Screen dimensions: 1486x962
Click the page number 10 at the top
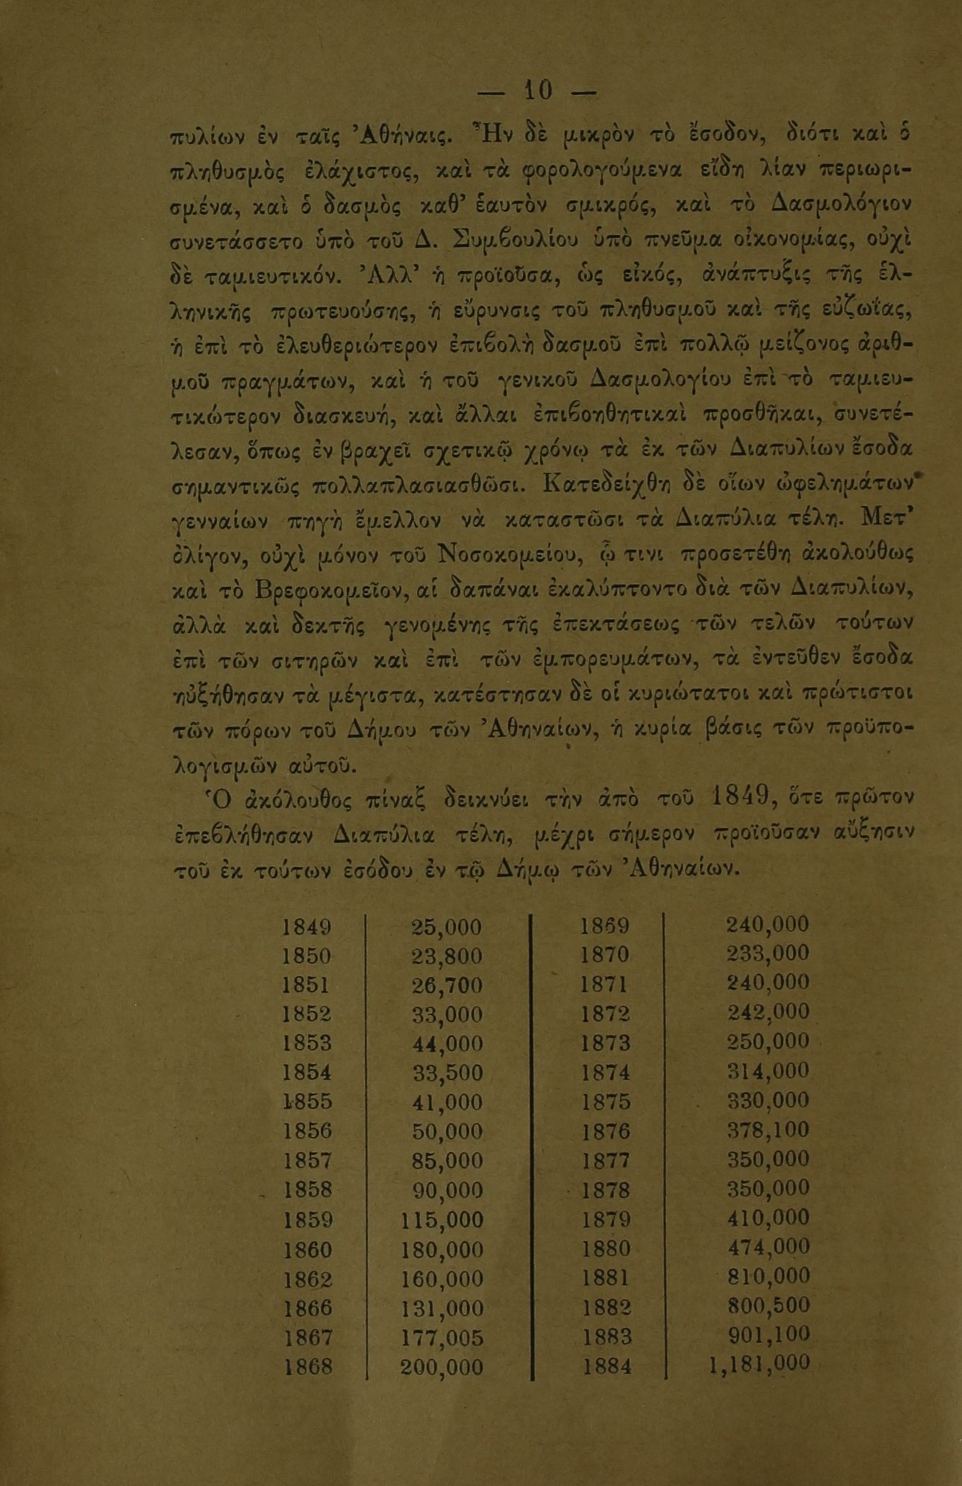pos(539,91)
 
